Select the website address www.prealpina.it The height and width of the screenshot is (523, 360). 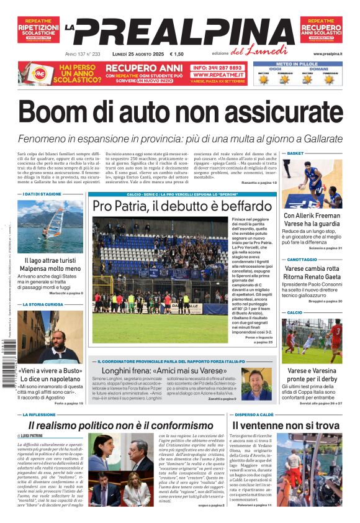[328, 54]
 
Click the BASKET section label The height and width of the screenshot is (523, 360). [295, 153]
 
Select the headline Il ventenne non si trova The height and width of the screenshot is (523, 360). [286, 425]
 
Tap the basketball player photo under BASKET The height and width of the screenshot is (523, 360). [312, 183]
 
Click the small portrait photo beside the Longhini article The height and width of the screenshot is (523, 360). [256, 384]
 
